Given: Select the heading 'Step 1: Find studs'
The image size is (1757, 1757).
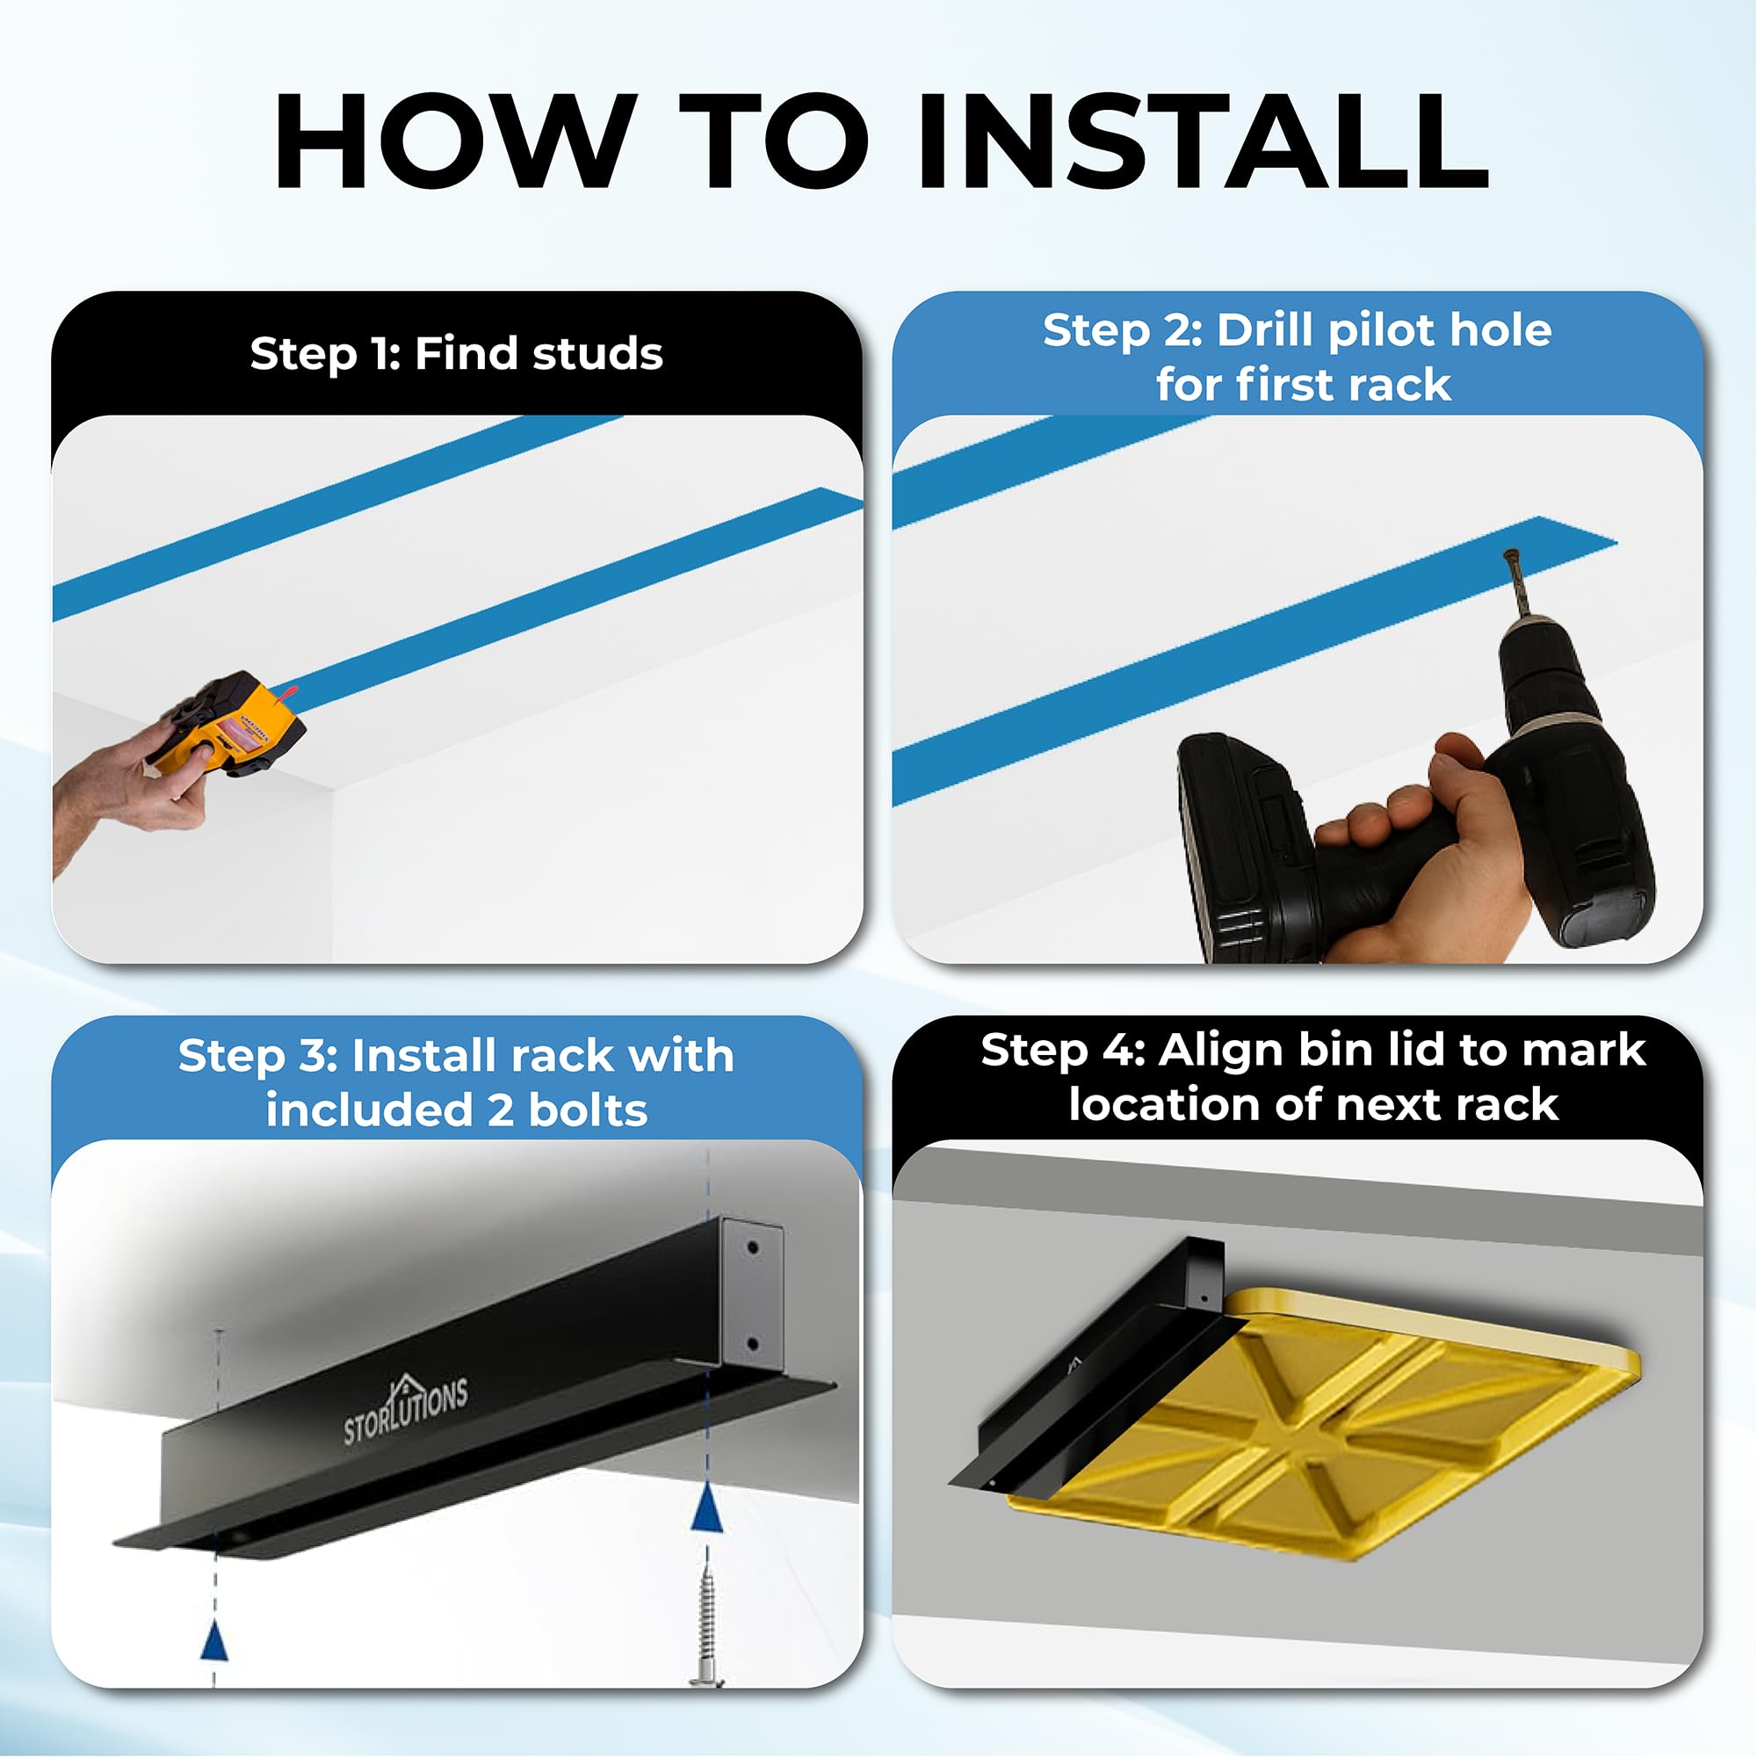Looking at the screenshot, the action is [457, 353].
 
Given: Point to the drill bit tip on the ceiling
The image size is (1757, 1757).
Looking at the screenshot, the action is [1510, 553].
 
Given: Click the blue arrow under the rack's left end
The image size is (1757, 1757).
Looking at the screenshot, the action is [213, 1643].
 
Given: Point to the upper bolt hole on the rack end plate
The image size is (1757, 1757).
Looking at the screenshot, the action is [752, 1247].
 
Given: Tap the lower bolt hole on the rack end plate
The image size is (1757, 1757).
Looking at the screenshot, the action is [752, 1342].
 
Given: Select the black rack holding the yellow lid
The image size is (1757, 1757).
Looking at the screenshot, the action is [1091, 1364].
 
